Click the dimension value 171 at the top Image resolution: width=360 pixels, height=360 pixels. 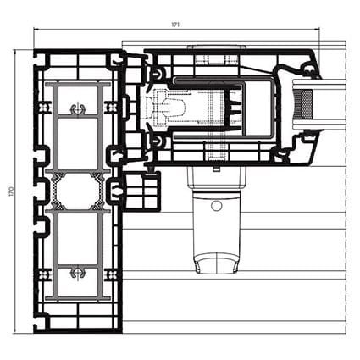coord(175,25)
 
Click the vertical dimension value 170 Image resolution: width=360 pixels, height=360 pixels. coord(11,191)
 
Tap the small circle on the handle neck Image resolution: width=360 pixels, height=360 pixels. coord(217,206)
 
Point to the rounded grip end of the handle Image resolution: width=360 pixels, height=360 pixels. coord(217,263)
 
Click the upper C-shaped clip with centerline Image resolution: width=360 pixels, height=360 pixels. coord(77,108)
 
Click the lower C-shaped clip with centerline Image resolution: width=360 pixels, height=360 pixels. coord(77,273)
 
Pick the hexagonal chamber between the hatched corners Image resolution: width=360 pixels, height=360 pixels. coord(77,191)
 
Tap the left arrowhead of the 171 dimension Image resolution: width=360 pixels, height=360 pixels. coord(36,28)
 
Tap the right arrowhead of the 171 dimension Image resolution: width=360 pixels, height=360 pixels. coord(318,28)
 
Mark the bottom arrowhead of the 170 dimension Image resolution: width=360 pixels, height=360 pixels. coord(14,331)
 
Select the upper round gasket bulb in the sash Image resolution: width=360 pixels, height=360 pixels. coord(157,75)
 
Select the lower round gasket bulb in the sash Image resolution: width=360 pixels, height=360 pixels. coord(157,140)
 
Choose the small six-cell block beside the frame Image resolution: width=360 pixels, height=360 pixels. coord(142,191)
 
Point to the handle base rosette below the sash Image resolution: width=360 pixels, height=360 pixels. coord(217,179)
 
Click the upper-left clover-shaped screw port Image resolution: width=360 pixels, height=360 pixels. coord(43,107)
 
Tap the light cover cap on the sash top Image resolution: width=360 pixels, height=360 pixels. coord(217,47)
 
